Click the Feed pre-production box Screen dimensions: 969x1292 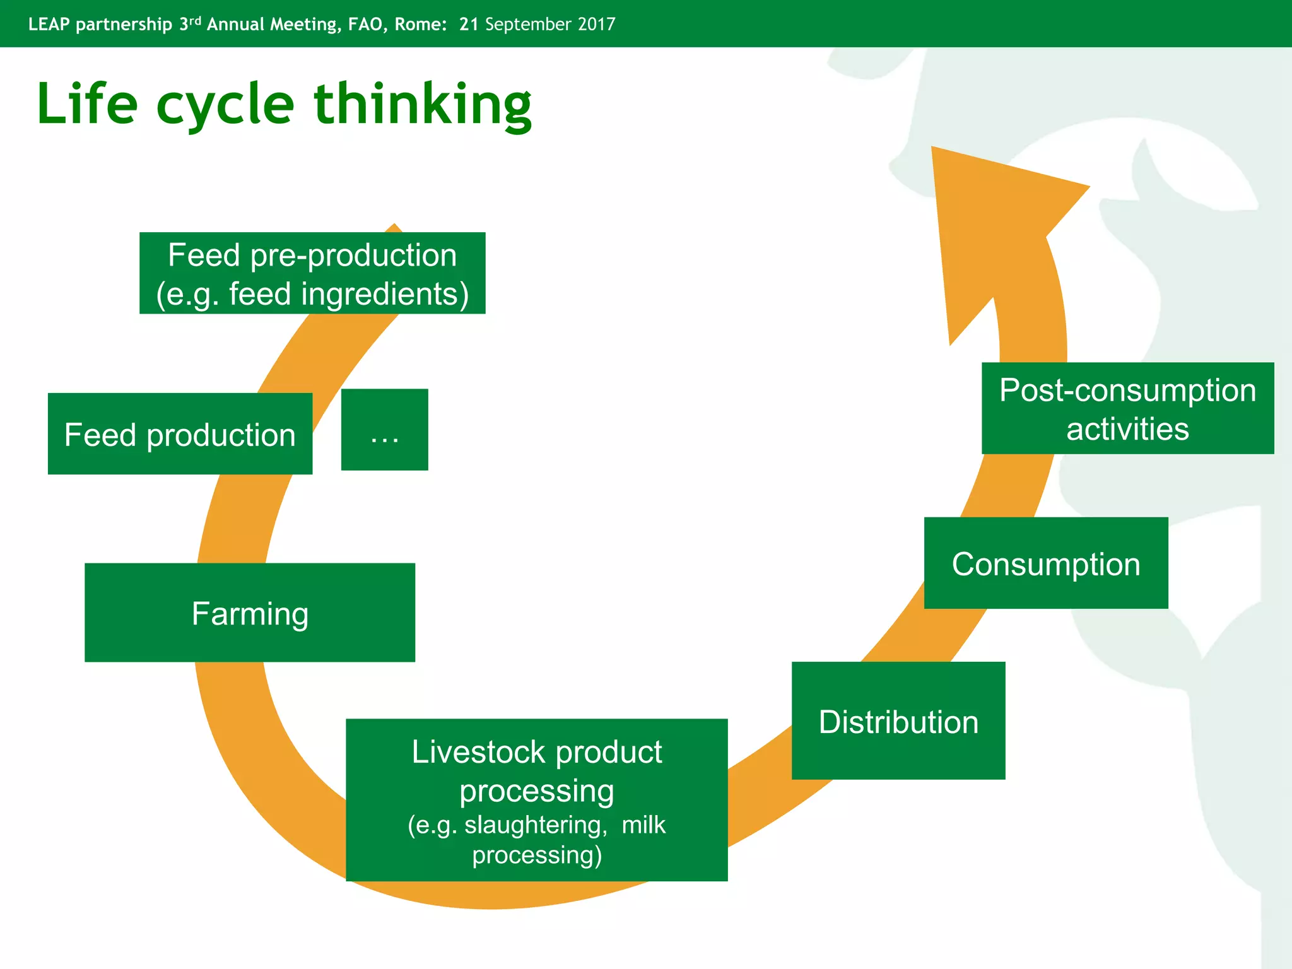(x=312, y=273)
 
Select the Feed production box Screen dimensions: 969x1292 (x=180, y=434)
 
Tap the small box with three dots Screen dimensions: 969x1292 (x=384, y=430)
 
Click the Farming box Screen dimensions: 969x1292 (x=250, y=613)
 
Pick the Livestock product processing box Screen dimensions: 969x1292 (x=536, y=799)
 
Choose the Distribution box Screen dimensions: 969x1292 (x=898, y=720)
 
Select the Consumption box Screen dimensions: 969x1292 (x=1046, y=563)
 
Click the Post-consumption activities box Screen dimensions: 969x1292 (x=1127, y=408)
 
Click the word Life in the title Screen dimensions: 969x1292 (x=87, y=104)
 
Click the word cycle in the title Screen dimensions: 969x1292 (x=225, y=106)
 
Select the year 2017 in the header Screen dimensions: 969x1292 (x=596, y=24)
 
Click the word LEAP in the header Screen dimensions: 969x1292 (x=49, y=24)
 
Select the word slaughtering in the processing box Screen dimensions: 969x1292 (x=536, y=825)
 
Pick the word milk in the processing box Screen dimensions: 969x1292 (x=643, y=825)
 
